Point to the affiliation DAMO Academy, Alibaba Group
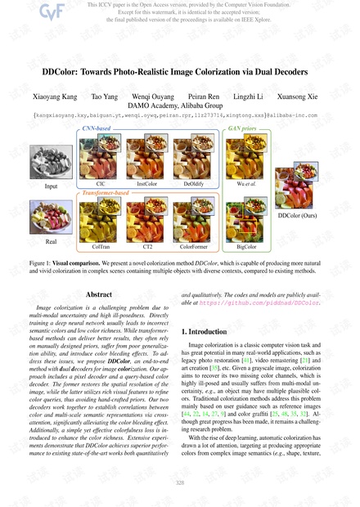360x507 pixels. [x=180, y=106]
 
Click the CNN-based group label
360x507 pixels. [x=97, y=130]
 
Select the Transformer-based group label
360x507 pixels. [x=107, y=191]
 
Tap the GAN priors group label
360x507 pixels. [x=243, y=130]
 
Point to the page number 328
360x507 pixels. [x=180, y=483]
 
